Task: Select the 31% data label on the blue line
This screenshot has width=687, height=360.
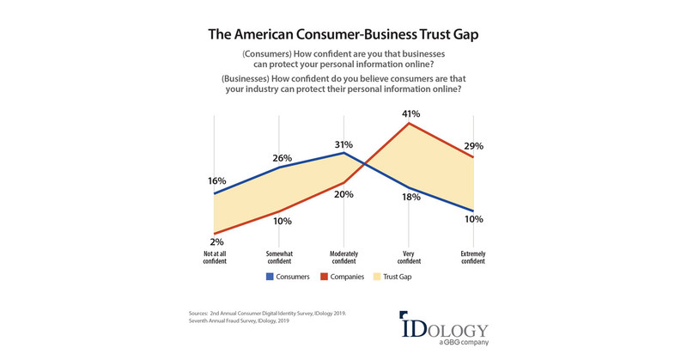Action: [x=343, y=143]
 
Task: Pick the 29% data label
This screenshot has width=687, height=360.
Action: [x=473, y=148]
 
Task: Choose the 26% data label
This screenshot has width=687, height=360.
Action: [x=282, y=158]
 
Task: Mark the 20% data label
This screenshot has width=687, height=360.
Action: [x=344, y=194]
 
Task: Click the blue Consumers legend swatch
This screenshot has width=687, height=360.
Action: [x=270, y=278]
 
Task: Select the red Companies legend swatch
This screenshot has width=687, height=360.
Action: [x=325, y=278]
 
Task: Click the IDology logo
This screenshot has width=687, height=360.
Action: [x=443, y=328]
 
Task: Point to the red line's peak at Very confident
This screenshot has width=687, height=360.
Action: [x=409, y=123]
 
